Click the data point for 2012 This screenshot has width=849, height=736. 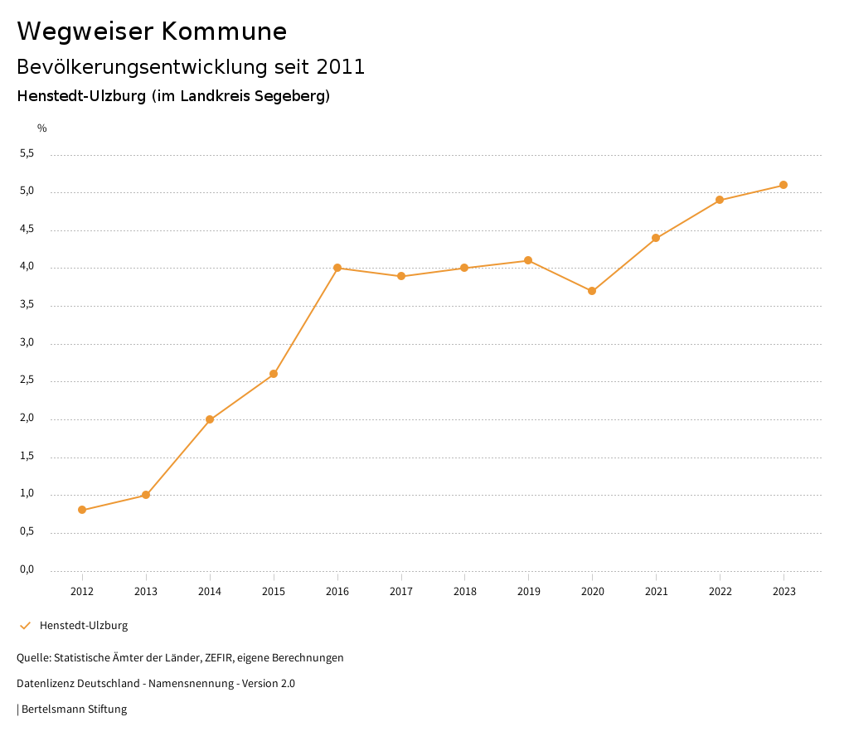pos(82,510)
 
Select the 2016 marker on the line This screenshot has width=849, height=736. pos(337,268)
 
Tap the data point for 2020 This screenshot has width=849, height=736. pos(592,291)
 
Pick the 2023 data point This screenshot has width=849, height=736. pos(784,185)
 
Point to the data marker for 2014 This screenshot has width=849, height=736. pos(210,419)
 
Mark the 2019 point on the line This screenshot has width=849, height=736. pos(528,260)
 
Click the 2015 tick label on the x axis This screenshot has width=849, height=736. pos(274,591)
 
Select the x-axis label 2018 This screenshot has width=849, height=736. pos(464,591)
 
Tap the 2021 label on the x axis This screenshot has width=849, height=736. pos(656,591)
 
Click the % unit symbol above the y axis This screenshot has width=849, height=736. pos(42,128)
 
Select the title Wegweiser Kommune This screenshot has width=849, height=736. pos(152,31)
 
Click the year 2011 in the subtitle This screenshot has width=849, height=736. pos(341,67)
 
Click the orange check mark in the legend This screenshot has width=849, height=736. pos(25,625)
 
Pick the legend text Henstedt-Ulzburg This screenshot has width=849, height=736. pos(84,625)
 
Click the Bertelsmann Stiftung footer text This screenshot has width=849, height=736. pos(74,709)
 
